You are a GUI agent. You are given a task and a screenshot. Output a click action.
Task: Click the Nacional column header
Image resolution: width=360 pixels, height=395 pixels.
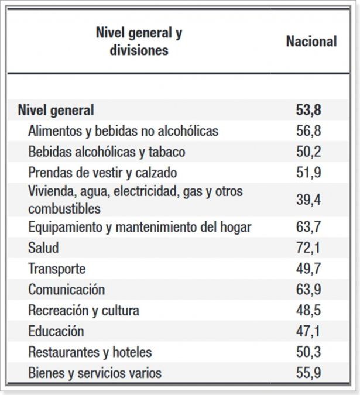coord(311,42)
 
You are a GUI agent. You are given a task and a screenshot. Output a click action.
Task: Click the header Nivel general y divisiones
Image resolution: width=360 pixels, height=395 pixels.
coord(139,42)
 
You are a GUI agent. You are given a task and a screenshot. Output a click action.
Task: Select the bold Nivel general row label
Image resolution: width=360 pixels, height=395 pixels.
coord(56,109)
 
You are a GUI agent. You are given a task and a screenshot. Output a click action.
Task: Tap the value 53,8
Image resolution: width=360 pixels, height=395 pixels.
coord(308,109)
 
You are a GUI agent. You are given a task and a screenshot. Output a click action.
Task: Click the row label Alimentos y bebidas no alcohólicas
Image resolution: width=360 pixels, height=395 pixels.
coord(123,130)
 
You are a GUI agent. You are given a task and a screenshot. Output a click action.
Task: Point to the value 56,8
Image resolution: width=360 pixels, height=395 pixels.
coord(308,130)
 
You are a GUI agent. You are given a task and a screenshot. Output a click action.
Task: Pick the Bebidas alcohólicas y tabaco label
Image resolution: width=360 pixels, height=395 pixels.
coord(107,152)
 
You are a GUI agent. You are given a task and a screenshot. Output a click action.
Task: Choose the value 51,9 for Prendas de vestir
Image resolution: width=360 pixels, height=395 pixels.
coord(308,173)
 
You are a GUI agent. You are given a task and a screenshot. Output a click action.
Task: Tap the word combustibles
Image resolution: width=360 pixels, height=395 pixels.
coord(64,208)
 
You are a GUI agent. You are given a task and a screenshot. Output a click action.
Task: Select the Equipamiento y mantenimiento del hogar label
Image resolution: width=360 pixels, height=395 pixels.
coord(139,227)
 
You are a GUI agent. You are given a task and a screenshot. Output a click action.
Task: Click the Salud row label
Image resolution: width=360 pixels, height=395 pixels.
coord(43,248)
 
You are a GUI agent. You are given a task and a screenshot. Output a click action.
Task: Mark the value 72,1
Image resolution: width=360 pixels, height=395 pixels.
coord(308,248)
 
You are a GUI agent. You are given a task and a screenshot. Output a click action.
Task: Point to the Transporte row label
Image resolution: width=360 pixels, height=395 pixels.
coord(57,269)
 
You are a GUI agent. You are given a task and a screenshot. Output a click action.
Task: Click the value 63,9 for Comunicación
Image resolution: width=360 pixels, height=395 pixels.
coord(308,290)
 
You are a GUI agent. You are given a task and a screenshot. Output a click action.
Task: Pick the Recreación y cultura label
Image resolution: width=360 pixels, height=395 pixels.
coord(84,310)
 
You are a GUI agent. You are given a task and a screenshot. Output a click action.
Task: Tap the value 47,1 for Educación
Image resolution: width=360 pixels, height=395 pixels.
coord(308,331)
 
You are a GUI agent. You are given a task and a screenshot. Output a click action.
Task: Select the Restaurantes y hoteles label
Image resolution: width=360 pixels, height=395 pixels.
coord(90,352)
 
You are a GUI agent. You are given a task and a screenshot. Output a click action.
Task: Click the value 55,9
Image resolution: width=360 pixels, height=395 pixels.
coord(308,373)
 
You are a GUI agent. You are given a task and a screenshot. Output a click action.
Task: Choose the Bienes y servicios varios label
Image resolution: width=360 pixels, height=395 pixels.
coord(95,373)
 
